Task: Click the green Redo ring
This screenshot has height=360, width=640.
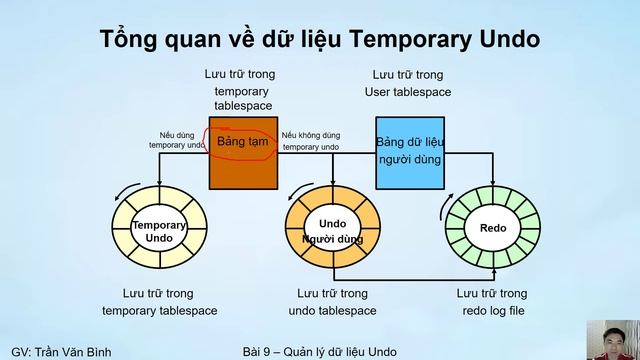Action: (x=492, y=229)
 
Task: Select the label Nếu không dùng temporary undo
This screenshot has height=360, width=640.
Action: (x=310, y=140)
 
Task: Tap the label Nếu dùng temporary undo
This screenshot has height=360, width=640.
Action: (x=176, y=140)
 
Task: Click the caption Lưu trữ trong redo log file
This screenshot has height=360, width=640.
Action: (x=491, y=301)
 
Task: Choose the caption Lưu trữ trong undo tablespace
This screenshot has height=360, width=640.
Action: (x=332, y=301)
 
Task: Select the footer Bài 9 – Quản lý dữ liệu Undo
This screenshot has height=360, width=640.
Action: (x=319, y=351)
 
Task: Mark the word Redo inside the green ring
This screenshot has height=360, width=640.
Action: (x=492, y=229)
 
